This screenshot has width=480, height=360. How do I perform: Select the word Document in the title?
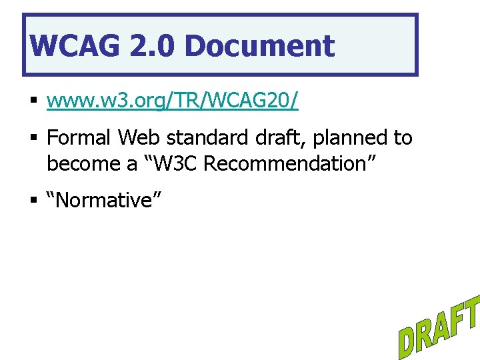(259, 46)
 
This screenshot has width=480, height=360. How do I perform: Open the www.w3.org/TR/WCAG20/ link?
(173, 101)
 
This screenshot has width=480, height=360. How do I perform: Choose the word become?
(85, 163)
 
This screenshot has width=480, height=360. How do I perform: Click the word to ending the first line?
(403, 139)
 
